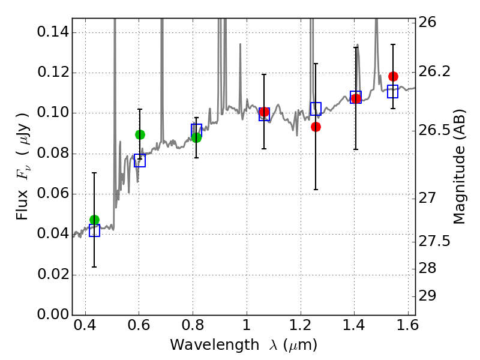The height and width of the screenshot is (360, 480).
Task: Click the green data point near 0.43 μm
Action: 94,220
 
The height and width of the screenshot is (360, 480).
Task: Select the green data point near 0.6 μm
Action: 140,134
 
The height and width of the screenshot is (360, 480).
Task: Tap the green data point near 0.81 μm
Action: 196,137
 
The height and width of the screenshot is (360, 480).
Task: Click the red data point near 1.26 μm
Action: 316,127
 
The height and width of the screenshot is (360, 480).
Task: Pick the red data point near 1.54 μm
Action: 393,76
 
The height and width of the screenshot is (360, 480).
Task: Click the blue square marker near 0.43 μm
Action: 94,230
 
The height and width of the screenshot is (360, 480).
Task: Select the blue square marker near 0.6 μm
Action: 140,160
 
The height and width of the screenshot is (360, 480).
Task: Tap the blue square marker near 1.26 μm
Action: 316,109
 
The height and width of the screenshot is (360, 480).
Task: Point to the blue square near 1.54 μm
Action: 393,91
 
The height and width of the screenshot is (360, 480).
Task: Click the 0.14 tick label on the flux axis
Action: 52,32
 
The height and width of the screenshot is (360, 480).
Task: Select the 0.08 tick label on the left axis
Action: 52,154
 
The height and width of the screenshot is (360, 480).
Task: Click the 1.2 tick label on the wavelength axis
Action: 300,328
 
